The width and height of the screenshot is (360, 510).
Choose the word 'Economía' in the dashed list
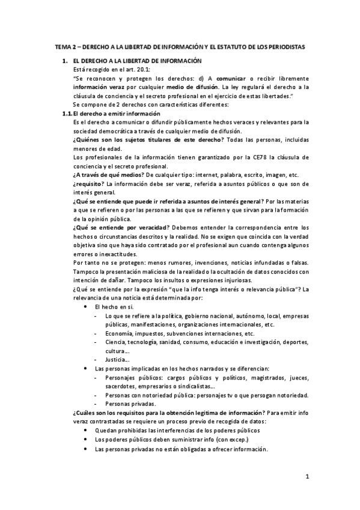[118, 333]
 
